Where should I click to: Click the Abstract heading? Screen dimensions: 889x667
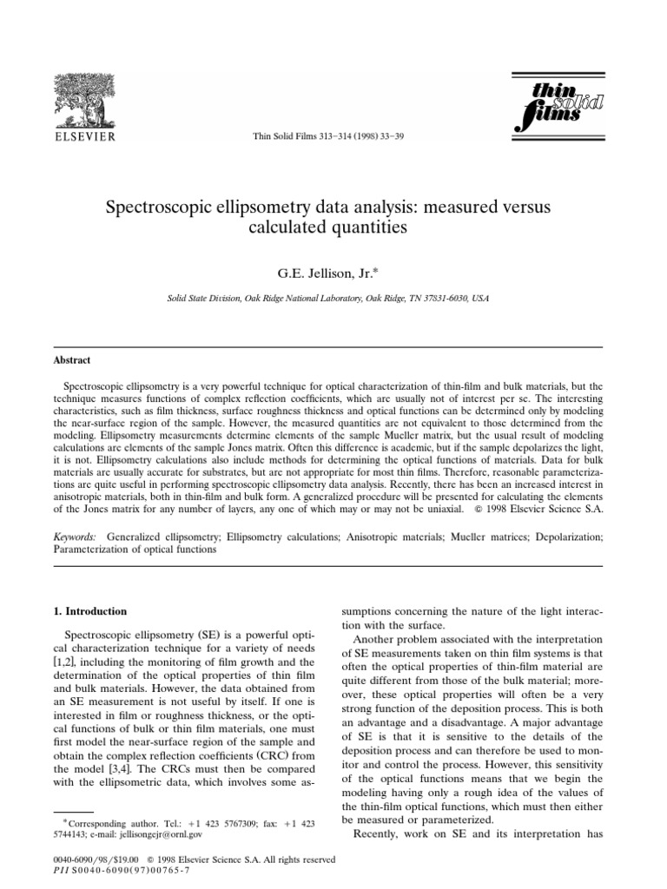(73, 359)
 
